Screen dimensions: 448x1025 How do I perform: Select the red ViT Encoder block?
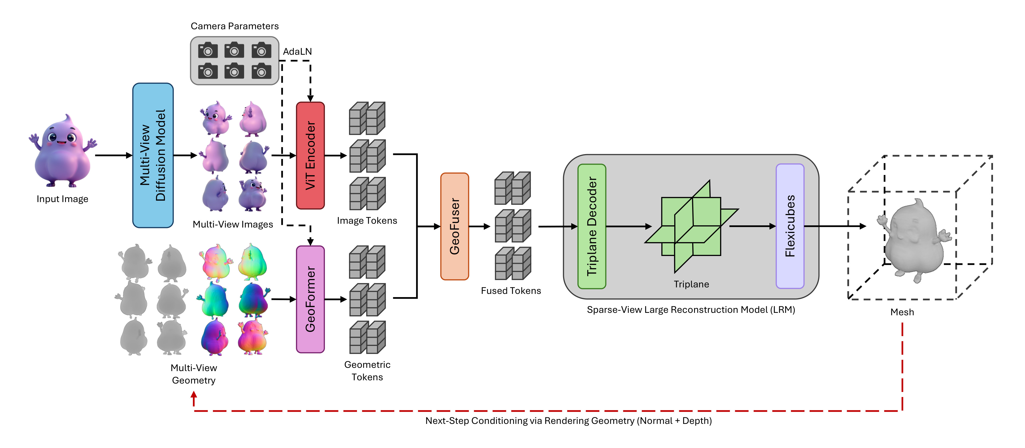(310, 155)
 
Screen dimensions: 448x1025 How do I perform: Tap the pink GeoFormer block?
(310, 299)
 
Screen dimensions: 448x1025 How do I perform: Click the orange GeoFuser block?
(454, 226)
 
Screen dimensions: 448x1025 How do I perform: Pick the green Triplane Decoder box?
(592, 226)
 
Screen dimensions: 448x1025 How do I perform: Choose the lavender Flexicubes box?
(790, 226)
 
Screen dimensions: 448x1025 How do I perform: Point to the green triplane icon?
(692, 226)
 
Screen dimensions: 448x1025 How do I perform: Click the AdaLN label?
(297, 52)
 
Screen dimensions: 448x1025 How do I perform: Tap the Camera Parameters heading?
(234, 26)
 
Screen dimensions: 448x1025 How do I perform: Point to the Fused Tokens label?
(511, 291)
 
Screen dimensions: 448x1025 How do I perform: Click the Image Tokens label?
(367, 221)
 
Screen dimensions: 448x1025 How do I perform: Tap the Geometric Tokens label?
(367, 371)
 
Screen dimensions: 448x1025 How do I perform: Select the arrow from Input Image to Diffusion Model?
(113, 155)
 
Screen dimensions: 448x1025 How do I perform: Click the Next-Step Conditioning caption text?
(568, 421)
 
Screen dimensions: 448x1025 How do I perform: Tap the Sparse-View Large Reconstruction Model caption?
(691, 310)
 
